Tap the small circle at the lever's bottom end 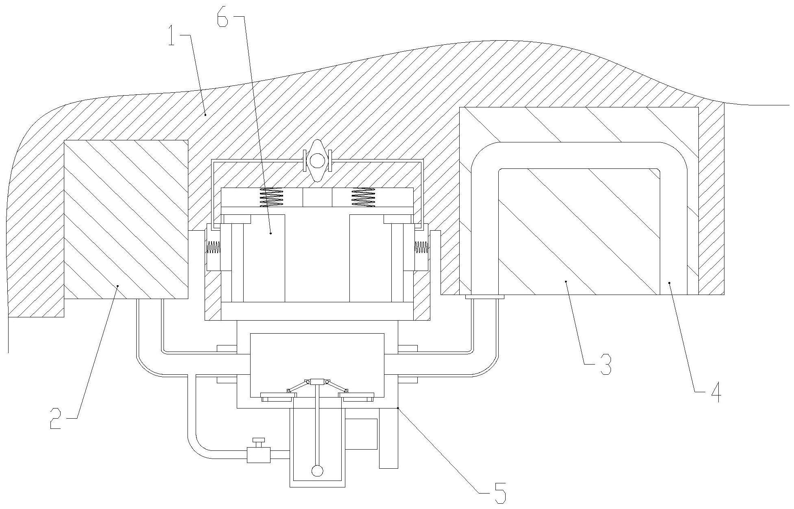[x=317, y=471]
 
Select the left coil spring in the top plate [x=272, y=198]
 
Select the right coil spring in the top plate [x=363, y=198]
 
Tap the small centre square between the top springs [x=317, y=198]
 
